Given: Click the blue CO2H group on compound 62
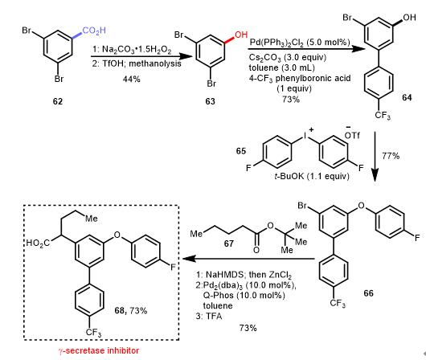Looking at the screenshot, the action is (x=94, y=31).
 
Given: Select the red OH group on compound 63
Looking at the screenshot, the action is (x=241, y=35).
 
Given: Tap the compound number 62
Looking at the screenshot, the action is (x=58, y=101).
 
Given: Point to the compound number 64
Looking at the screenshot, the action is (x=407, y=97).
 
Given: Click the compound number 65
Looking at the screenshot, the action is (x=241, y=151).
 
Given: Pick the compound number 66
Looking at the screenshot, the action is (x=368, y=293).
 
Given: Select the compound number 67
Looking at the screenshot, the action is (x=229, y=243).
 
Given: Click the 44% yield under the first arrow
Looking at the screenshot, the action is (x=132, y=79).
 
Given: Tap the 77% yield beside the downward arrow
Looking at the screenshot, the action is (x=391, y=156).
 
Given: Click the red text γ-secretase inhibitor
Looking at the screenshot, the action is (x=99, y=350).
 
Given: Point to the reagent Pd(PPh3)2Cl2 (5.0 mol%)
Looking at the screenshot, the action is (x=300, y=43).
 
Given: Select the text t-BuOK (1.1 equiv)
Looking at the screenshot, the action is (x=311, y=176).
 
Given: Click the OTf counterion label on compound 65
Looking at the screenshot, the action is (x=352, y=134).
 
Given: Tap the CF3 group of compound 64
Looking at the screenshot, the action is (x=383, y=115).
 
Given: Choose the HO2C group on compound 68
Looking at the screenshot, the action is (x=38, y=243).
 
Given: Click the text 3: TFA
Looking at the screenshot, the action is (x=209, y=317).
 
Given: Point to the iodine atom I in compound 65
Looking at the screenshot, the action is (x=305, y=136).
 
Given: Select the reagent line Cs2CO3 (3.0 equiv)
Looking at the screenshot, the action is (x=288, y=57).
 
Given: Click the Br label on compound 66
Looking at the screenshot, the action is (x=303, y=206).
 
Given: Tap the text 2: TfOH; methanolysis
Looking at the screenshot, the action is (x=137, y=63).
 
